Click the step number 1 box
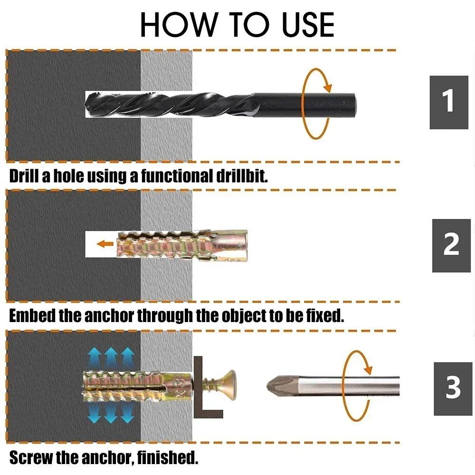point(449,102)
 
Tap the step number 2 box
point(451,245)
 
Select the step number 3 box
point(453,388)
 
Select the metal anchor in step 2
point(180,245)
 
